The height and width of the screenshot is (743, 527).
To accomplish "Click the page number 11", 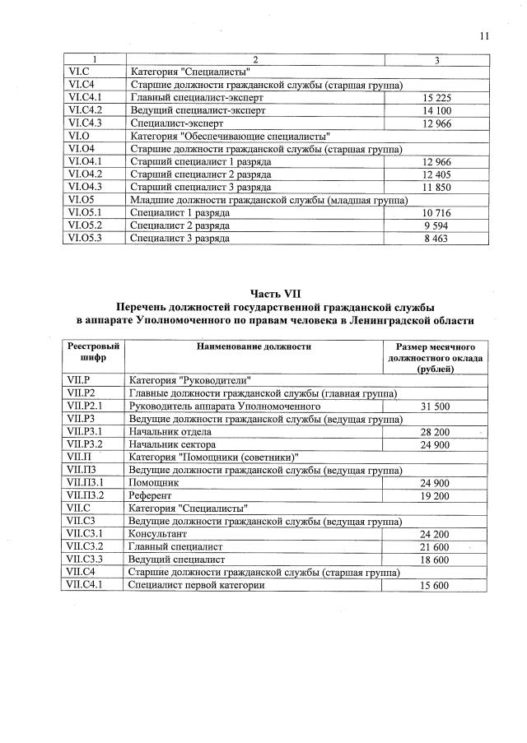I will [x=483, y=35].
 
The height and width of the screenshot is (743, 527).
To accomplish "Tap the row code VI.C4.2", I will [x=85, y=110].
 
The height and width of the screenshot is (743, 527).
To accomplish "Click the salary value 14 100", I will [x=437, y=110].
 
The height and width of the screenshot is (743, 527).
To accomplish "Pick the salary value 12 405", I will [x=437, y=174].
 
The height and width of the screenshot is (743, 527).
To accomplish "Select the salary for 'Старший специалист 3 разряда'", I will [x=437, y=187].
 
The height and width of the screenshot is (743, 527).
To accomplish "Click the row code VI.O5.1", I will [x=85, y=212].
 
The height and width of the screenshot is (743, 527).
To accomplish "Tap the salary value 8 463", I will [x=437, y=238].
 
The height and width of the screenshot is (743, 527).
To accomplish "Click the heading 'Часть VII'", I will [x=275, y=292].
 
